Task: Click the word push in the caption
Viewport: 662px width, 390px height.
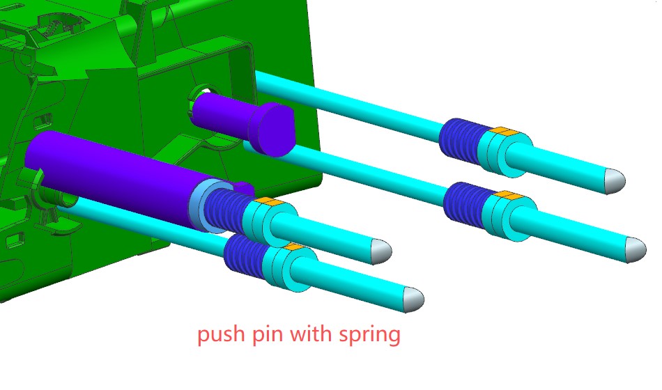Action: click(221, 334)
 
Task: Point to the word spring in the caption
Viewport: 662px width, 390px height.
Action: click(369, 335)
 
